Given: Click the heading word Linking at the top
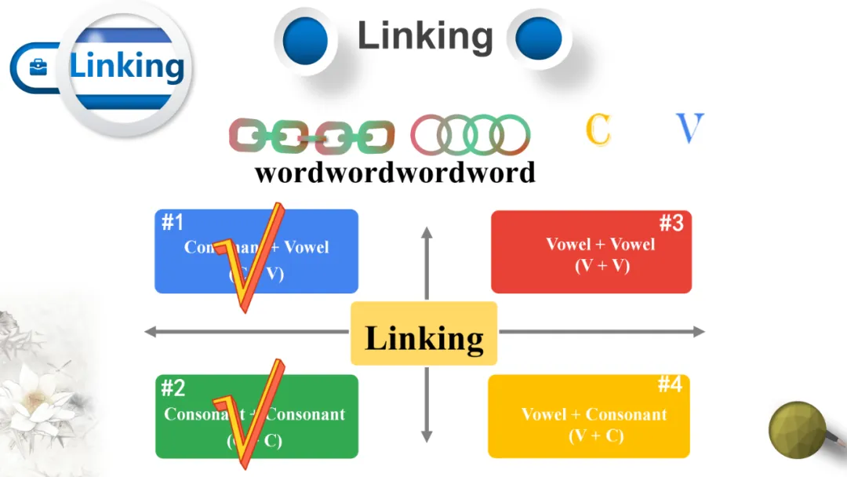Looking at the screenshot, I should pyautogui.click(x=425, y=36).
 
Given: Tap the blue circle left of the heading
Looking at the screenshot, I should pyautogui.click(x=304, y=38).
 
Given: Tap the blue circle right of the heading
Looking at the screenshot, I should pyautogui.click(x=538, y=38).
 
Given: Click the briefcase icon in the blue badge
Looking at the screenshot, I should pyautogui.click(x=38, y=67).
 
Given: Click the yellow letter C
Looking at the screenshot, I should pyautogui.click(x=598, y=129).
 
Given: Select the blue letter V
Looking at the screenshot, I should pyautogui.click(x=689, y=129).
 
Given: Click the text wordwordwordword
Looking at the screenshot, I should pyautogui.click(x=394, y=172).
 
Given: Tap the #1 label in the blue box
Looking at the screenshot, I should pyautogui.click(x=173, y=223).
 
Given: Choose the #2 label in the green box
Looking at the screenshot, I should pyautogui.click(x=173, y=388).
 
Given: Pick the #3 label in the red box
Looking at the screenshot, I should pyautogui.click(x=671, y=224).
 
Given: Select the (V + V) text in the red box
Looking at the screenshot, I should pyautogui.click(x=602, y=265).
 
